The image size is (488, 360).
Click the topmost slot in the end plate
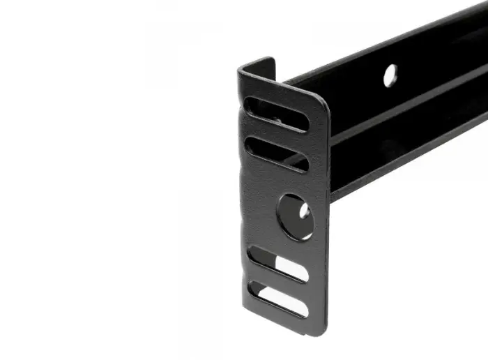pos(276,114)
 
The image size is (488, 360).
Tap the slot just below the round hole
pos(278,264)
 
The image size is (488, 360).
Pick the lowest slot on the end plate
pos(278,298)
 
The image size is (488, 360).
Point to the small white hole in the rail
pos(390,75)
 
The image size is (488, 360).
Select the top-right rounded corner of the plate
pos(323,98)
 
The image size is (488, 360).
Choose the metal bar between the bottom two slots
pos(279,281)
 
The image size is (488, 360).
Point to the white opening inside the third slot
pos(291,268)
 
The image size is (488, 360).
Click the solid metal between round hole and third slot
pos(282,243)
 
